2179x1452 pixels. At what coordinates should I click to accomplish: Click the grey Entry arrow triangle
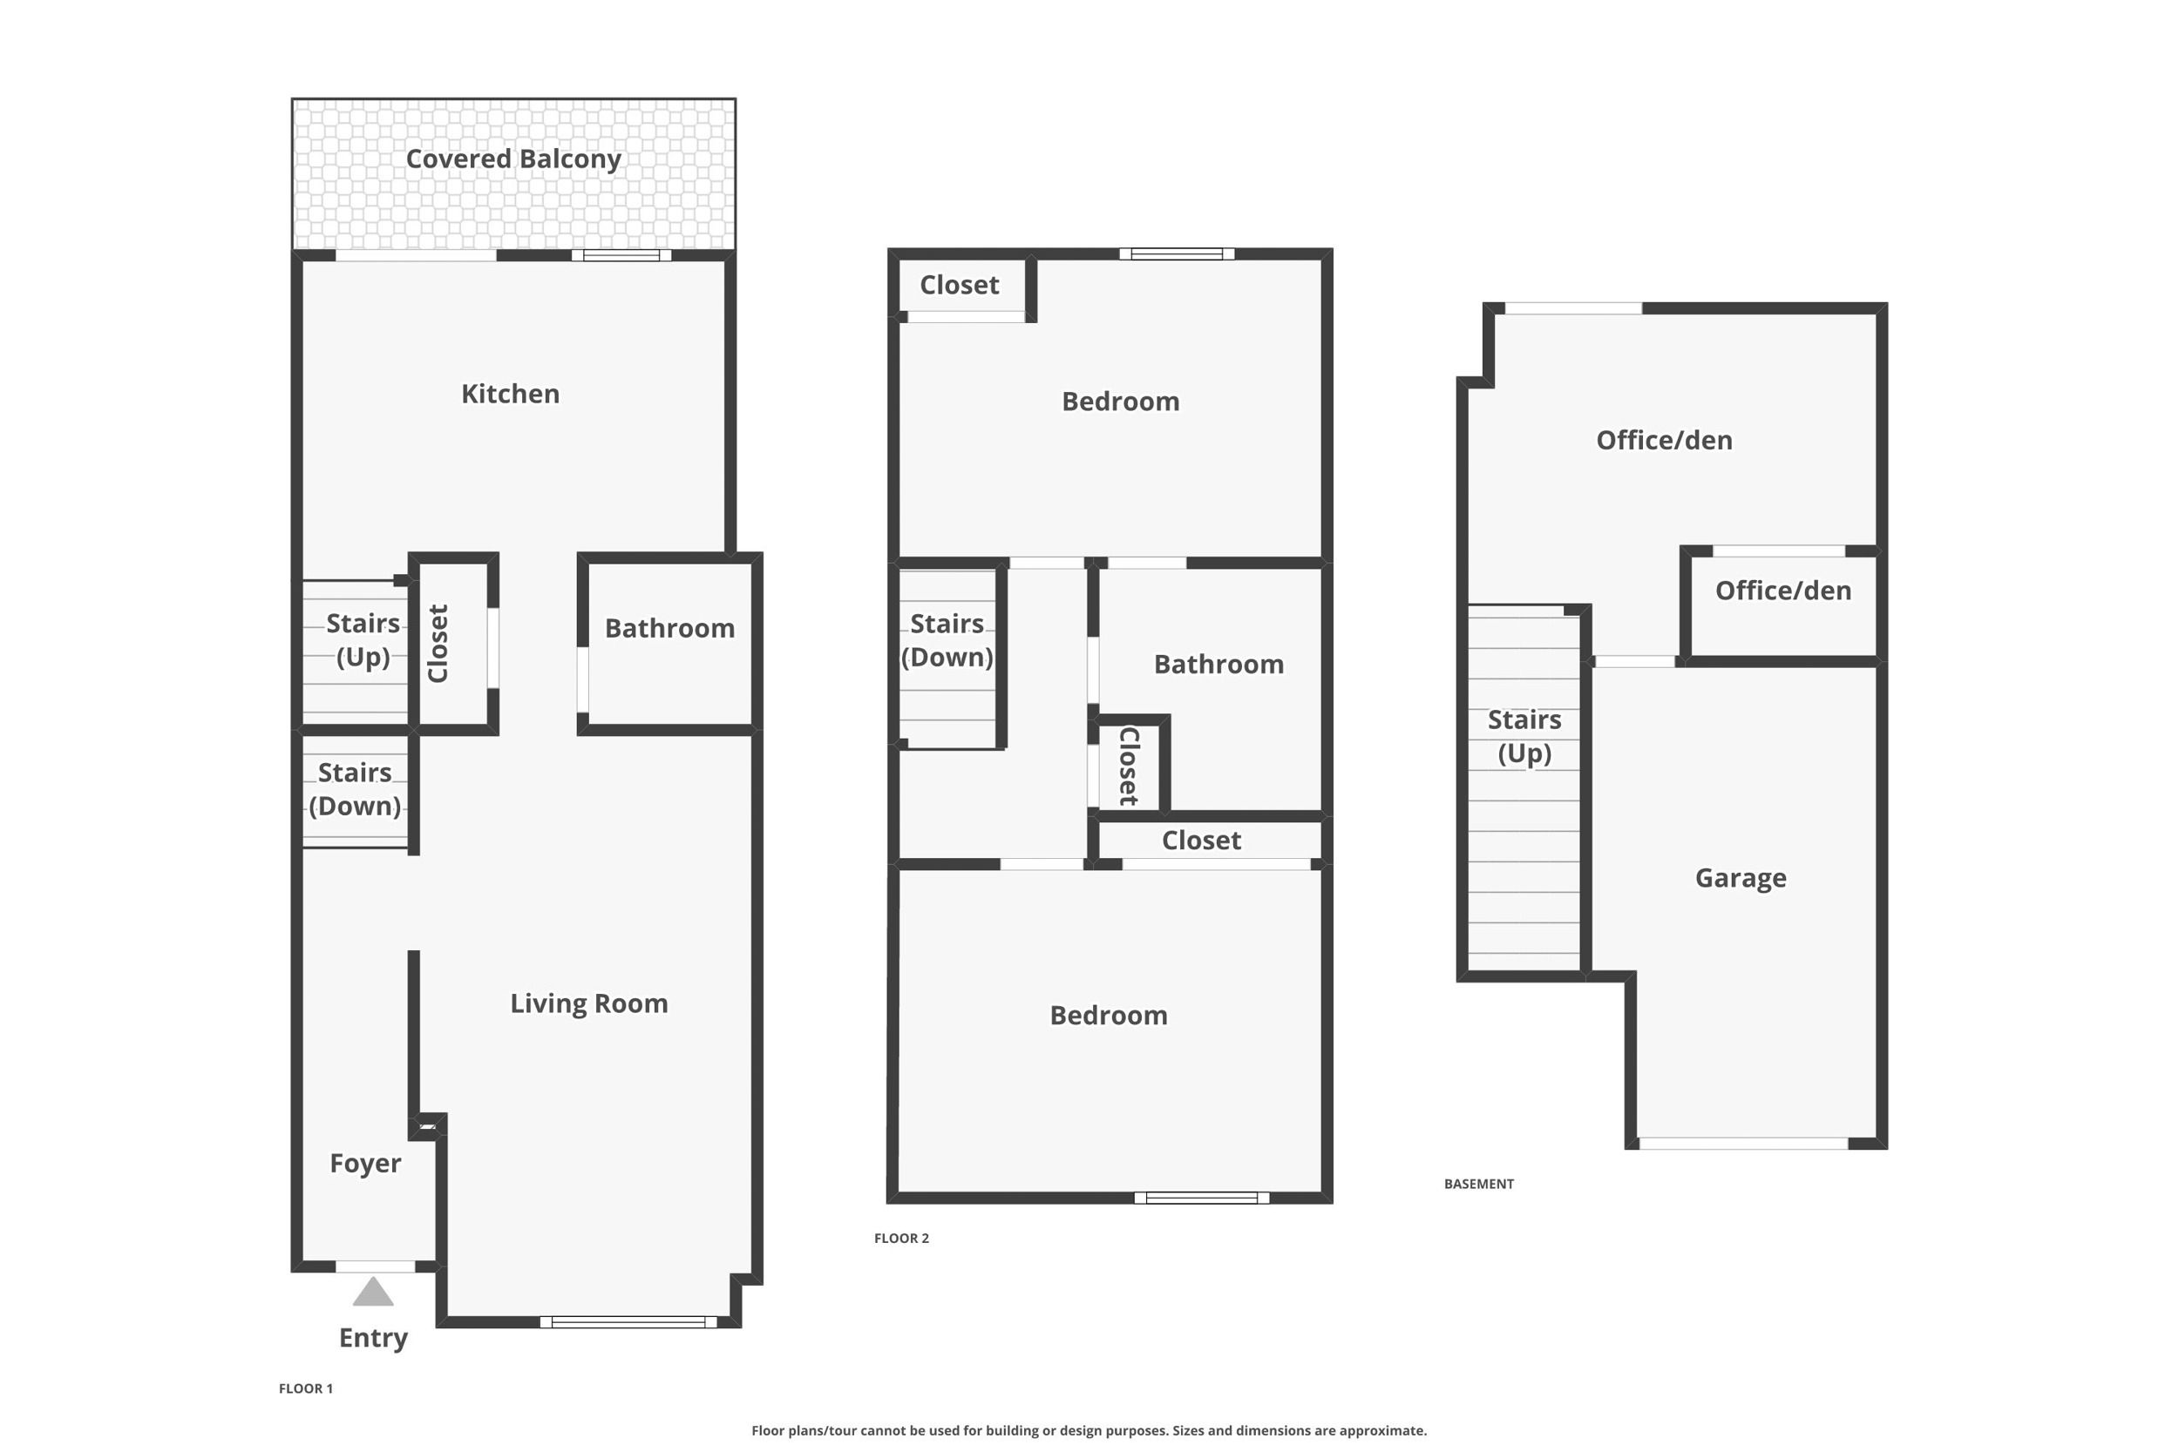(x=373, y=1292)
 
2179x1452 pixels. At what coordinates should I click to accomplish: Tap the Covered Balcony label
(x=513, y=159)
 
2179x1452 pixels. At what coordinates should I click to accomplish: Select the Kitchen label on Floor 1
(x=511, y=394)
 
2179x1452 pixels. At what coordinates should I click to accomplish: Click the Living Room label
(x=589, y=1003)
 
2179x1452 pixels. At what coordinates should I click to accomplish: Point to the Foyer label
(x=366, y=1163)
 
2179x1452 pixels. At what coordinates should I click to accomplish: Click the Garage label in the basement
(x=1741, y=878)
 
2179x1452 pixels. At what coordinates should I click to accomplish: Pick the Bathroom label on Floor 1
(x=669, y=628)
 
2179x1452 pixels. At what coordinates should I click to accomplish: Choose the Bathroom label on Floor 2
(x=1219, y=664)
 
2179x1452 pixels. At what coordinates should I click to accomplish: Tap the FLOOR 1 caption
(x=306, y=1388)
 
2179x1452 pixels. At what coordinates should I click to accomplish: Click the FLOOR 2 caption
(x=901, y=1238)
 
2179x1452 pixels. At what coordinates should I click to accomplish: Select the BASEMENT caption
(x=1478, y=1184)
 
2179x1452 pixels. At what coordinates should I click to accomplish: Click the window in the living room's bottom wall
(x=628, y=1322)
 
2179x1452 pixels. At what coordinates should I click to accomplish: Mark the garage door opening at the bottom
(x=1743, y=1144)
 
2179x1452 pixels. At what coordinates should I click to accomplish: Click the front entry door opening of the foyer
(x=375, y=1266)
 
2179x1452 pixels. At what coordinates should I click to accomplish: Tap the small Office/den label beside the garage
(x=1783, y=591)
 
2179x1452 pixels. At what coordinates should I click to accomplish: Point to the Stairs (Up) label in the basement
(x=1525, y=736)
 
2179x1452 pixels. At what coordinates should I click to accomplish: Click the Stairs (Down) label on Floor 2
(x=947, y=640)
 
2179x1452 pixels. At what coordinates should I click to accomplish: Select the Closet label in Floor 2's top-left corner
(x=960, y=284)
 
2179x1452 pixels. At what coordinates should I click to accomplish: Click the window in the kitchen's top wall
(x=621, y=254)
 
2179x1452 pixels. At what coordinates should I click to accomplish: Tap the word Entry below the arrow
(x=373, y=1338)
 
